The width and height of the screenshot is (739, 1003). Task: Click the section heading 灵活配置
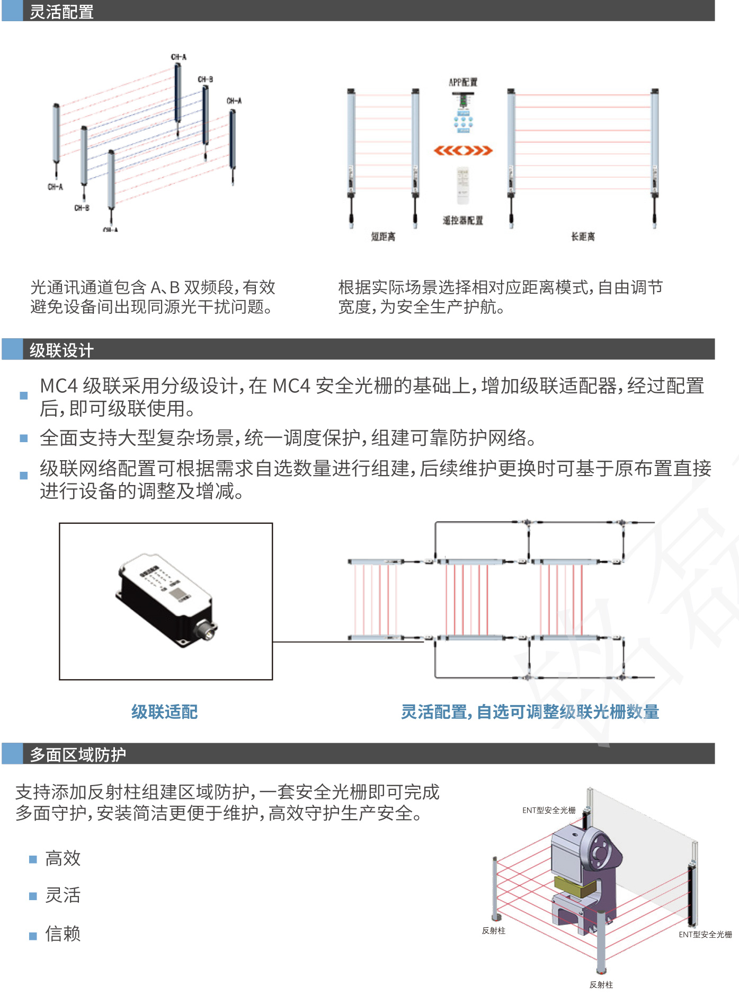(x=61, y=12)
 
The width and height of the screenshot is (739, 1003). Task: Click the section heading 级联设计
(x=61, y=350)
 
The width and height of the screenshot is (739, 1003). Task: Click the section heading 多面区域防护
(x=78, y=754)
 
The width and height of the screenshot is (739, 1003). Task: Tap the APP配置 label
(x=463, y=82)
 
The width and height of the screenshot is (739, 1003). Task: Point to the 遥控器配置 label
(x=463, y=221)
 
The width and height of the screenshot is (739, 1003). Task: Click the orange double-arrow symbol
(x=463, y=151)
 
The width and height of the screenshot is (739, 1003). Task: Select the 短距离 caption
(x=383, y=236)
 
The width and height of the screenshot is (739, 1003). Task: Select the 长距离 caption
(x=583, y=236)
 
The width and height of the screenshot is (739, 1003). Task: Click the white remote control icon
(x=463, y=186)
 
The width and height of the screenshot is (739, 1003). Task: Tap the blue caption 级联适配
(x=165, y=711)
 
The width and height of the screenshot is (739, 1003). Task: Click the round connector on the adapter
(x=207, y=631)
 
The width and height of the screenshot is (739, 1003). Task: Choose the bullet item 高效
(x=63, y=858)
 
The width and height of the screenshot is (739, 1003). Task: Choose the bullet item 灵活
(x=63, y=895)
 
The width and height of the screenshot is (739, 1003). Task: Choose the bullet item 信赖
(x=63, y=933)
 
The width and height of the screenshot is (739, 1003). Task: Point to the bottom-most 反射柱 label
(x=601, y=984)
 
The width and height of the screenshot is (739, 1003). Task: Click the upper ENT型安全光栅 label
(x=549, y=810)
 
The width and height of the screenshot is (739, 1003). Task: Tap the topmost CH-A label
(x=179, y=57)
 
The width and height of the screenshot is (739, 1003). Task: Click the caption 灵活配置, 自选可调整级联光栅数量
(x=530, y=711)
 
